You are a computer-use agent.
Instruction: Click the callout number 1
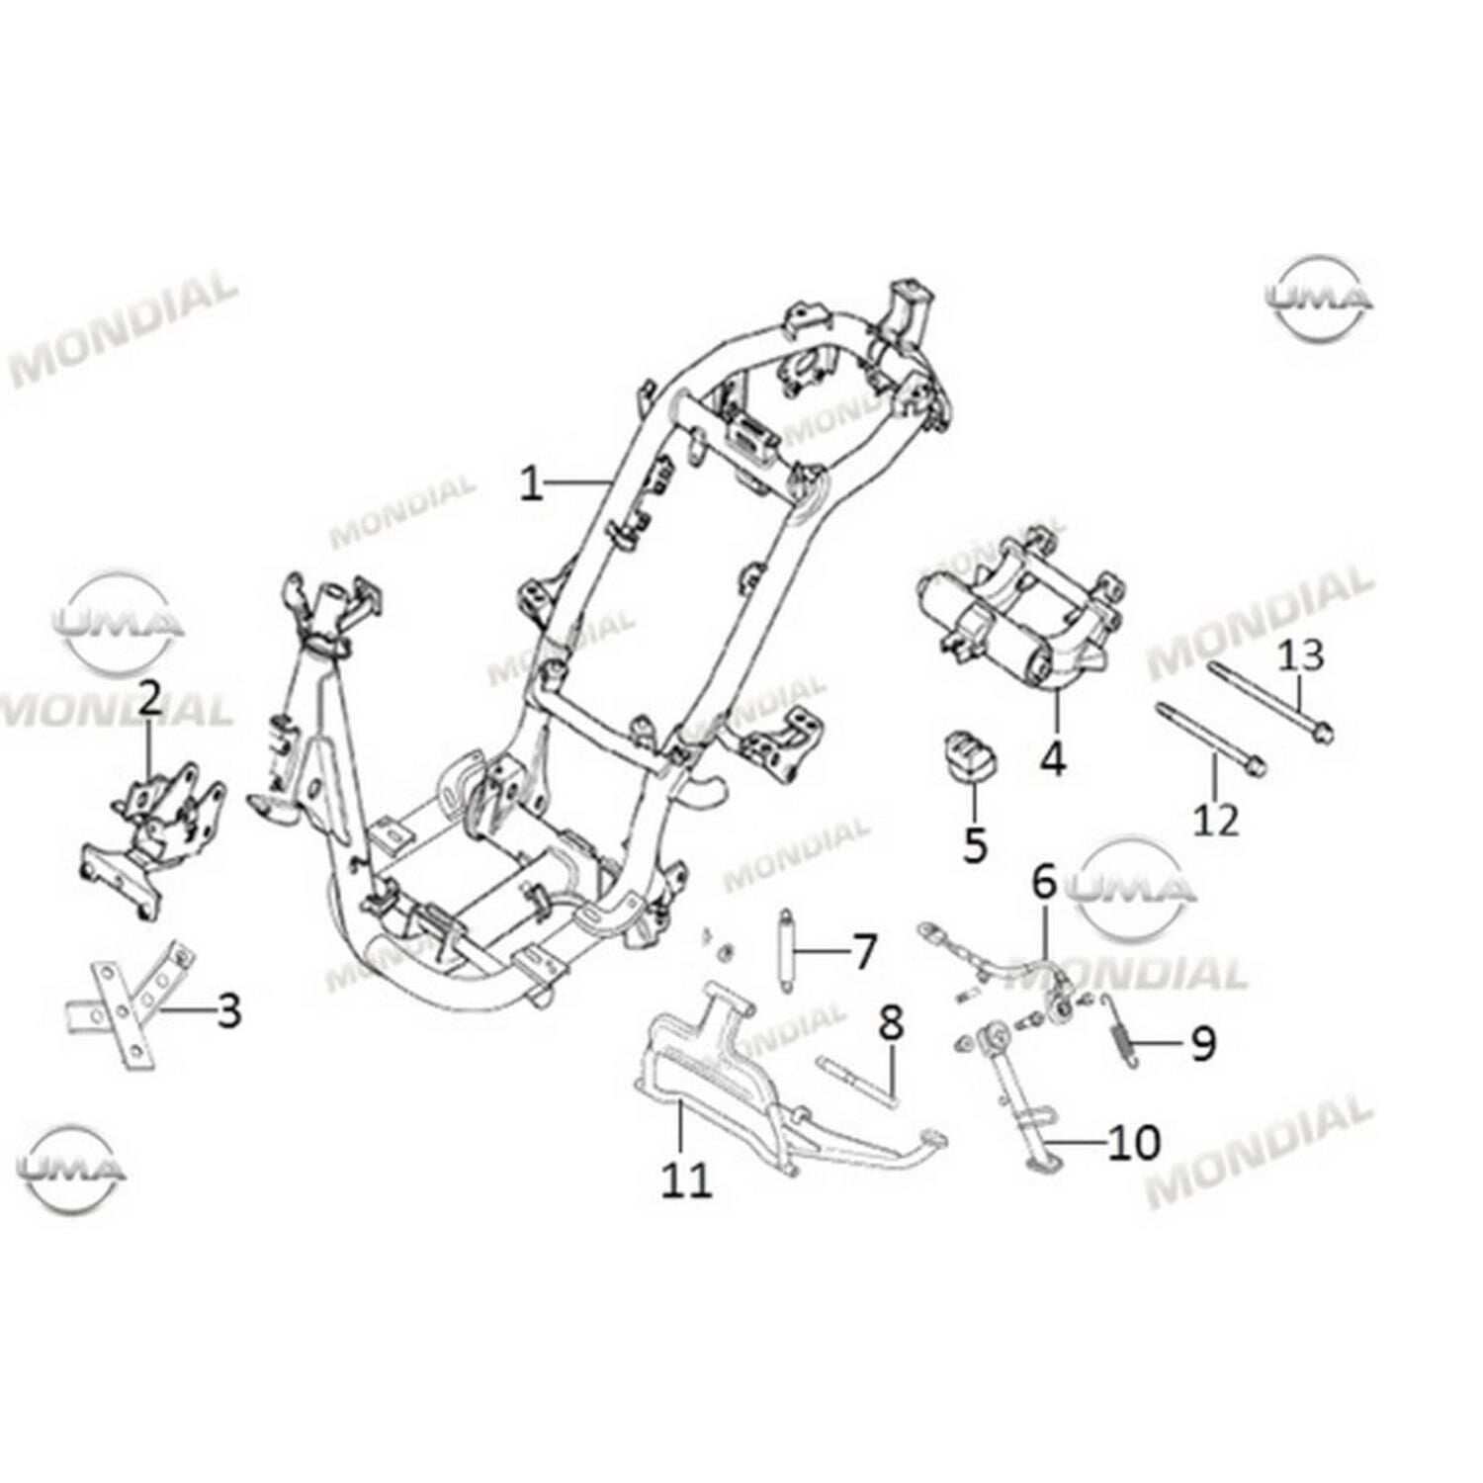(532, 484)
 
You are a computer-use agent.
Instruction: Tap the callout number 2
(149, 698)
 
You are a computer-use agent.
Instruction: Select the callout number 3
(228, 1010)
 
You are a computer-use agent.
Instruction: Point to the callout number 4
(1053, 758)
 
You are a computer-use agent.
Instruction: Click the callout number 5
(975, 844)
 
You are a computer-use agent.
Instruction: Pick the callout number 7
(864, 952)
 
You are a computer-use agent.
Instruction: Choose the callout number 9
(1202, 1042)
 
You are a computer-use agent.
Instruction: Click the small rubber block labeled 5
(966, 757)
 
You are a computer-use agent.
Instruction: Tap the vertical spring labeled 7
(787, 953)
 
